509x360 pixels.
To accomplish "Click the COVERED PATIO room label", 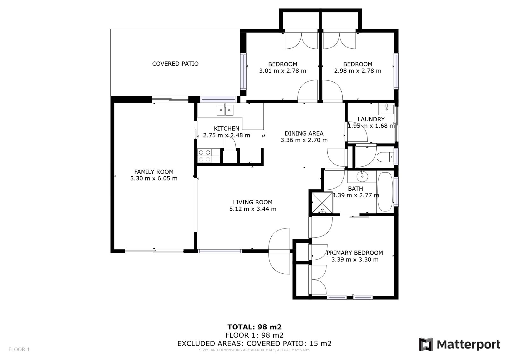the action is click(175, 64).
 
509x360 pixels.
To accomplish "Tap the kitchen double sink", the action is click(225, 110).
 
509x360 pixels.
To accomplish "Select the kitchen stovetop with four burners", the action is click(204, 156).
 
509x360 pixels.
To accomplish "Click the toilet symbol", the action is click(385, 157).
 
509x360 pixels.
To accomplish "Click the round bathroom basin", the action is click(362, 176).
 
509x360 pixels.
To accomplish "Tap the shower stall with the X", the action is click(322, 203).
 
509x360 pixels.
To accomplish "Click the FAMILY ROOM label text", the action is click(154, 172).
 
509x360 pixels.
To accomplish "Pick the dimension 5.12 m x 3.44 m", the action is click(253, 209).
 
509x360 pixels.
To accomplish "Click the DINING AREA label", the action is click(304, 133).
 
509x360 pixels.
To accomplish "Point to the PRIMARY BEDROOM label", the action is click(355, 253).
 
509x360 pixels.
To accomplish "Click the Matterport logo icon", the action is click(426, 344).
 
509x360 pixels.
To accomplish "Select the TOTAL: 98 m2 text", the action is click(254, 327).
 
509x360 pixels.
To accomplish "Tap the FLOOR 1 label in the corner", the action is click(19, 349).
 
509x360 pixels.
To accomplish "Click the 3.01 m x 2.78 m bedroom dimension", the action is click(283, 71).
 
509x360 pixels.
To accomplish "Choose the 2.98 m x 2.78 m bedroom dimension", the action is click(358, 71).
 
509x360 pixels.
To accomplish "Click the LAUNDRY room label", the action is click(371, 119).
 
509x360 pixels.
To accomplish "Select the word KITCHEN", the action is click(227, 129).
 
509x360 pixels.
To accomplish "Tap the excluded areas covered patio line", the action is click(254, 343).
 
